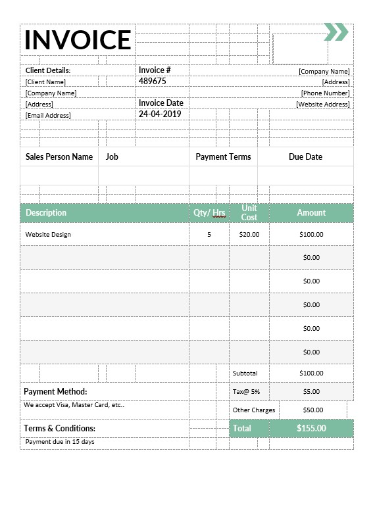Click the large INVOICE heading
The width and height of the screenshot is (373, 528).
point(78,39)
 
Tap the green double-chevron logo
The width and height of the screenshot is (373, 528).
point(336,32)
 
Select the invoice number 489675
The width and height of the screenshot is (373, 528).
point(152,82)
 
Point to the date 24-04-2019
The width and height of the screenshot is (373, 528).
point(159,114)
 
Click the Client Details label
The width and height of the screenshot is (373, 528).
point(48,70)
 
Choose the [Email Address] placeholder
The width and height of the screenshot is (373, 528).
point(48,116)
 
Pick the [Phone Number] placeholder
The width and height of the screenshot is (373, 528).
point(325,93)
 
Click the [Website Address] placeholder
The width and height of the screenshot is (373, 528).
point(322,105)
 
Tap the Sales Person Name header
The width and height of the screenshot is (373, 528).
point(59,157)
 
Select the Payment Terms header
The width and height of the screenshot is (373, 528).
point(223,157)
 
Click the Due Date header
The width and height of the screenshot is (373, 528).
point(305,157)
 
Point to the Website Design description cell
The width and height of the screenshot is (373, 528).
point(48,234)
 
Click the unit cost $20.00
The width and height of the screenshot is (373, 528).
point(249,234)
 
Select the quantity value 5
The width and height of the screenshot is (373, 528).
point(209,234)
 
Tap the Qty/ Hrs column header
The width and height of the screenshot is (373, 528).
point(209,212)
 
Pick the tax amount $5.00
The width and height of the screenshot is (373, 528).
point(311,391)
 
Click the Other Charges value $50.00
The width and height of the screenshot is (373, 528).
point(313,410)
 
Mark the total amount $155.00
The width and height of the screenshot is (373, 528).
point(311,428)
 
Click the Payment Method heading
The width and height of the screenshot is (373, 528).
point(55,391)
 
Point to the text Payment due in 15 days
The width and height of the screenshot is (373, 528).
point(60,442)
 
